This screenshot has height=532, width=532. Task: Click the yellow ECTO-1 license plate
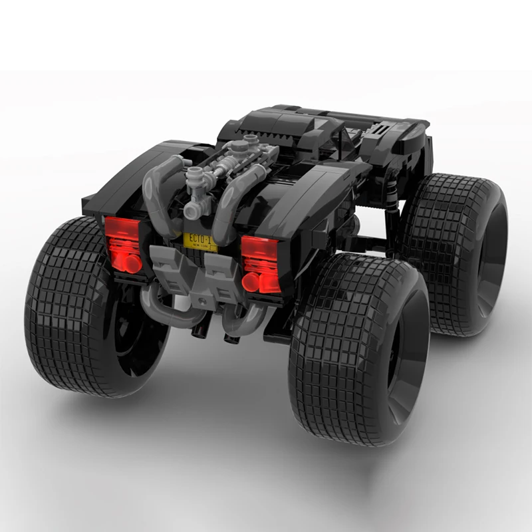tap(201, 239)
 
